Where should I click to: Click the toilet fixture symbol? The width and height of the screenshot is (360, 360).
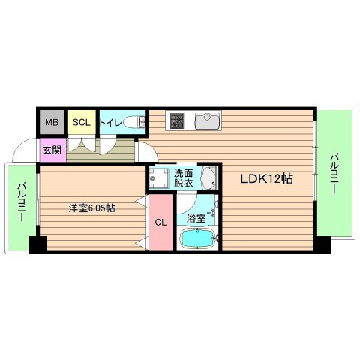point(134,122)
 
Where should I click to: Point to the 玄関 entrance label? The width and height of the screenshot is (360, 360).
point(52,149)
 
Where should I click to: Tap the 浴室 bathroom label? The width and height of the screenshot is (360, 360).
point(196,220)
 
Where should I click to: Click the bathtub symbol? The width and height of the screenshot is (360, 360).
point(198,239)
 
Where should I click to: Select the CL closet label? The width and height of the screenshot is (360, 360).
point(160,222)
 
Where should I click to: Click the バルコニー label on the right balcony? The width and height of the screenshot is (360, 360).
point(334,172)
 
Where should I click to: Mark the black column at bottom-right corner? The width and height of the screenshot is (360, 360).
point(322,244)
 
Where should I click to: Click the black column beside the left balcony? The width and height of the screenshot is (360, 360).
point(37,244)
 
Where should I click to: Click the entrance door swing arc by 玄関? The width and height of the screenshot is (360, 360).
point(25,150)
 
